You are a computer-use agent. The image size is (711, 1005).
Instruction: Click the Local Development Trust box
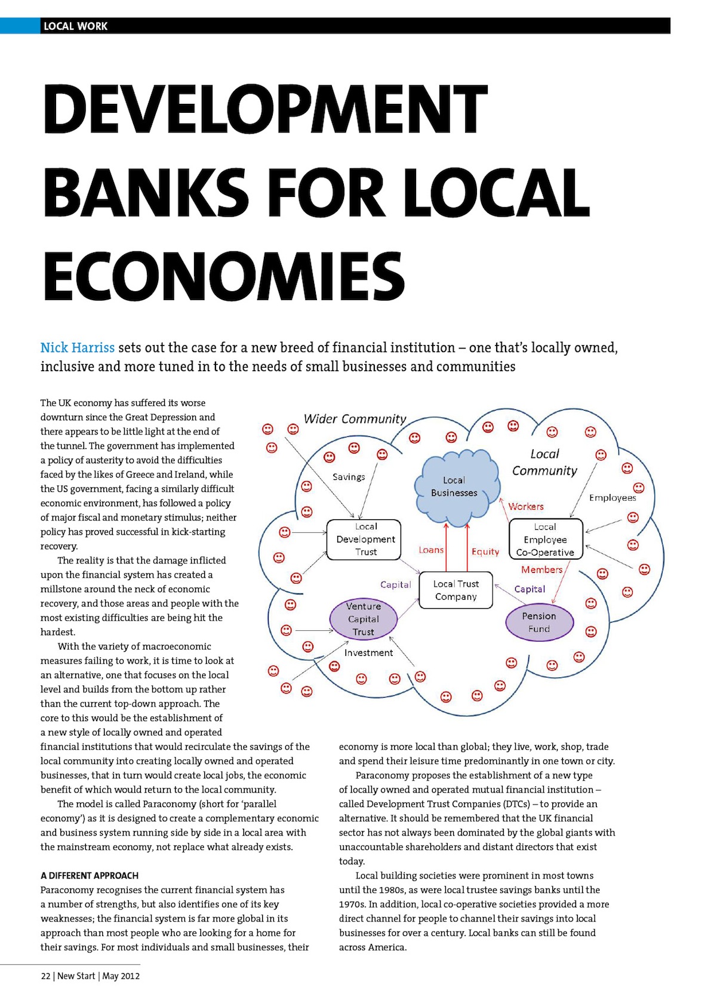click(x=365, y=540)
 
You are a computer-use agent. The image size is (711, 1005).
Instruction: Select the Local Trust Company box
click(x=455, y=590)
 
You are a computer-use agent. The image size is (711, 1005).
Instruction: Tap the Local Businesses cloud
click(x=455, y=486)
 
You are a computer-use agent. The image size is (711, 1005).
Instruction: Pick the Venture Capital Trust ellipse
click(x=363, y=619)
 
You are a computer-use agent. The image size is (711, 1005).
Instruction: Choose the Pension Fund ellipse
click(x=539, y=622)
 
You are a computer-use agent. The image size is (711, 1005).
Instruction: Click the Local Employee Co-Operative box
click(x=545, y=540)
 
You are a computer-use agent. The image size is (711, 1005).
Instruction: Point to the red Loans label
click(x=431, y=550)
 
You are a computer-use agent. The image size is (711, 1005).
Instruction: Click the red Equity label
click(x=485, y=551)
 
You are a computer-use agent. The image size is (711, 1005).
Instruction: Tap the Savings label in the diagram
click(x=349, y=477)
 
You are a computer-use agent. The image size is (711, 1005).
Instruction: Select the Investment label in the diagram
click(x=368, y=653)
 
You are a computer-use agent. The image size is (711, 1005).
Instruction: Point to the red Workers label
click(x=526, y=507)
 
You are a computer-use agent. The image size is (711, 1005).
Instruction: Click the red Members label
click(x=541, y=570)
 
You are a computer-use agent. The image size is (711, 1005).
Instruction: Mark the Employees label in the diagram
click(x=612, y=498)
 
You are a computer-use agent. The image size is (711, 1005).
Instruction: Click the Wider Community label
click(x=355, y=419)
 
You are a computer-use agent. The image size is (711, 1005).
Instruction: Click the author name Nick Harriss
click(x=78, y=348)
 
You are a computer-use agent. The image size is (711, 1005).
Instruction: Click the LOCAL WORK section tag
click(x=75, y=26)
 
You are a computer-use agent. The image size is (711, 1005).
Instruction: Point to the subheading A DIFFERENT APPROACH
click(x=90, y=875)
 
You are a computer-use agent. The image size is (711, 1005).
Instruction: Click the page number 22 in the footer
click(x=46, y=976)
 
